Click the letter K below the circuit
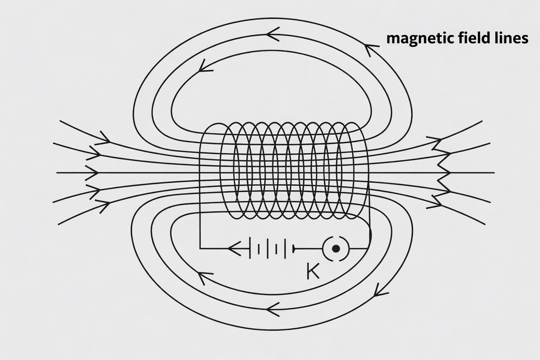(313, 271)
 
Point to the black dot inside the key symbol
(336, 249)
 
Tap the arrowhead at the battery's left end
(234, 249)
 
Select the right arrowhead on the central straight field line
(444, 173)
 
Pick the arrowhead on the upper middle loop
(272, 34)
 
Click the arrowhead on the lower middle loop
(272, 310)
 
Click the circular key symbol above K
(336, 249)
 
